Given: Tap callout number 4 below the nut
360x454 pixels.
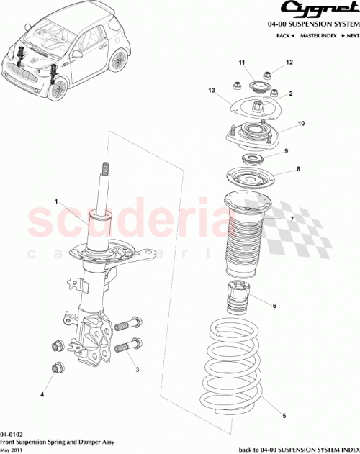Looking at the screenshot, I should click(x=42, y=394).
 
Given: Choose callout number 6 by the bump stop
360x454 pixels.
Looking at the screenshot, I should click(x=274, y=306).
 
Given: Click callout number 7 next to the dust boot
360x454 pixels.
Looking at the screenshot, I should click(x=292, y=219).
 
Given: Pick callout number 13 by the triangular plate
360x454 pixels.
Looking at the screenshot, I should click(x=212, y=91).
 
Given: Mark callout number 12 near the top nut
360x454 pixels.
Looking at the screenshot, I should click(x=289, y=63).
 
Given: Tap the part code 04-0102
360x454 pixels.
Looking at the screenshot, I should click(x=10, y=435).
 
